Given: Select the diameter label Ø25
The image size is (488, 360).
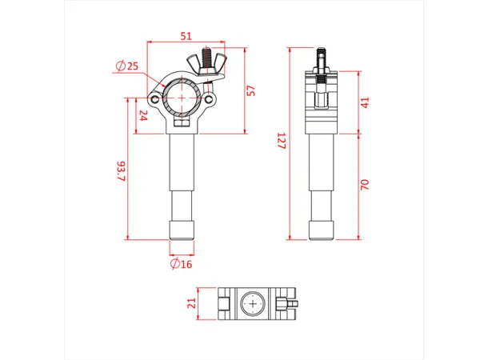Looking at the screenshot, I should (x=127, y=66).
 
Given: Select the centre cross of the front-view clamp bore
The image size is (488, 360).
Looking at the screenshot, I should (x=184, y=97).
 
